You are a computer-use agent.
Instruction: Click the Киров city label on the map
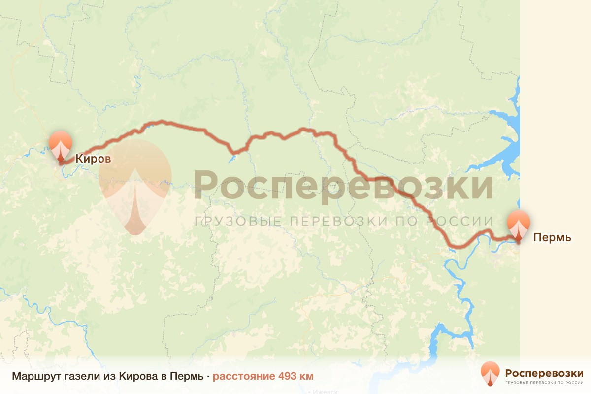coord(93,159)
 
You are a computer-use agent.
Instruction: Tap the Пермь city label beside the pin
coord(552,238)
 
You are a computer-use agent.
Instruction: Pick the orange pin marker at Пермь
coord(519,225)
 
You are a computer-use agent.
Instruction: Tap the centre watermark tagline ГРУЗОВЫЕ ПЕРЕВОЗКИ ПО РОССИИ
coord(343,221)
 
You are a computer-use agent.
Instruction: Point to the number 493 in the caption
coord(288,377)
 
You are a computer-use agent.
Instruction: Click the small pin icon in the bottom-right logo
coord(490,374)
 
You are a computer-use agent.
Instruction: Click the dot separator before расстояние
coord(208,377)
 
